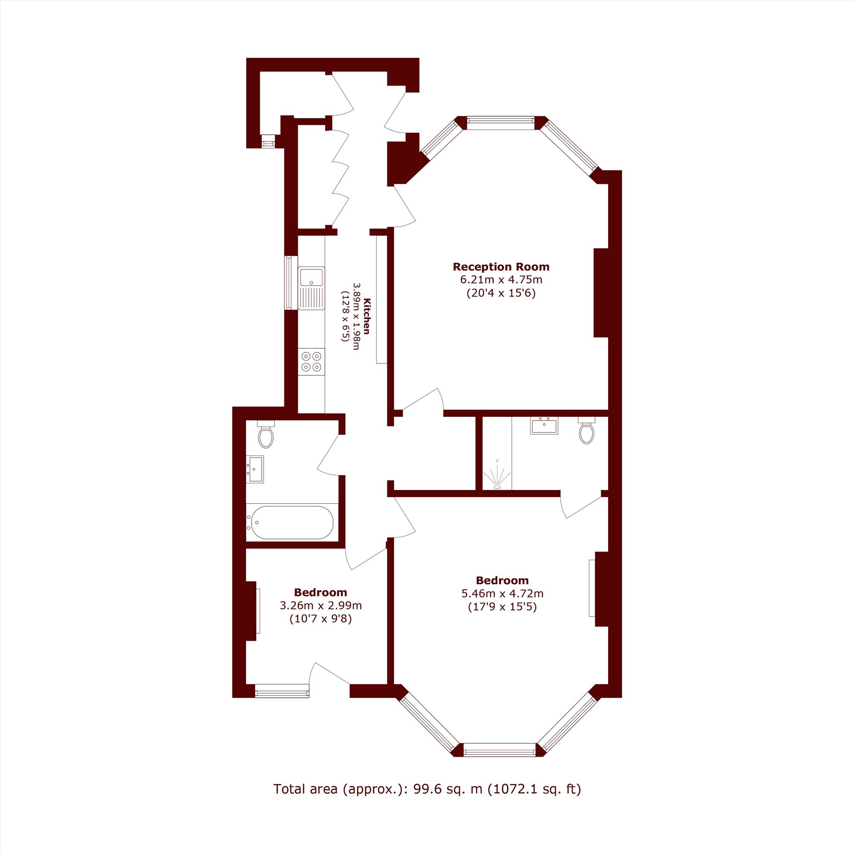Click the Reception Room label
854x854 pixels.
coord(501,267)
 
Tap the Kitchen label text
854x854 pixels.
coord(366,316)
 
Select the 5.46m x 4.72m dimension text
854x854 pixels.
coord(502,593)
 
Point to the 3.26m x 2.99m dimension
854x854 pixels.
coord(321,605)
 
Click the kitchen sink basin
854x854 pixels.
coord(312,277)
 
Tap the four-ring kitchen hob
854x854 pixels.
coord(311,361)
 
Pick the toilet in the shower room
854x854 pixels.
coord(587,430)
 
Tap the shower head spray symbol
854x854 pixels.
coord(497,475)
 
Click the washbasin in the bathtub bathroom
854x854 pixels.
coord(254,469)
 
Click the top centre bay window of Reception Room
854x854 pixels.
coord(500,123)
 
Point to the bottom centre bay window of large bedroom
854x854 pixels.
coord(500,750)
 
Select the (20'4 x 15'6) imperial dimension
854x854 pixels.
coord(501,293)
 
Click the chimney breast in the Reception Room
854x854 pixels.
coord(601,292)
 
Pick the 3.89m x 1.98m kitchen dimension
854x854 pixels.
coord(356,316)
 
